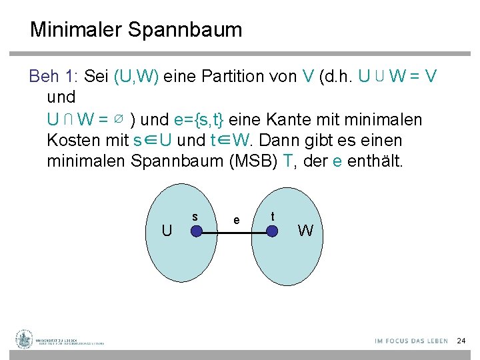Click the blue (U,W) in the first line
pyautogui.click(x=136, y=76)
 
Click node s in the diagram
pyautogui.click(x=197, y=231)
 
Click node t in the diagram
pyautogui.click(x=273, y=231)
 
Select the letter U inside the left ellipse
pyautogui.click(x=167, y=231)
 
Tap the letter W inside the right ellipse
pyautogui.click(x=305, y=231)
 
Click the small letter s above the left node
pyautogui.click(x=195, y=216)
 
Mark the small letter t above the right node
pyautogui.click(x=273, y=216)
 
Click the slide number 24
pyautogui.click(x=461, y=341)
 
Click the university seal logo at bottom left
pyautogui.click(x=25, y=339)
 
